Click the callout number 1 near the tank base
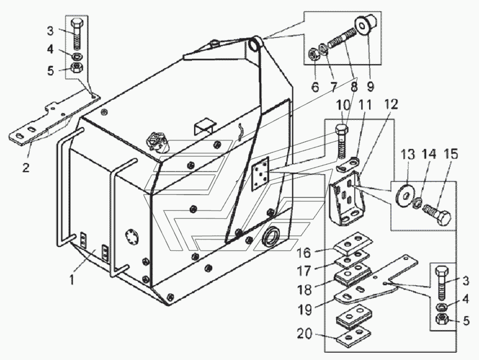[x=72, y=279]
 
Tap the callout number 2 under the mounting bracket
[x=26, y=167]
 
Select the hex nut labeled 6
[x=314, y=55]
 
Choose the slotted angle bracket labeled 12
[x=346, y=199]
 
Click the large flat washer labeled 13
[x=402, y=193]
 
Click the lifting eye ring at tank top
[x=254, y=44]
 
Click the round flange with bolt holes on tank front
[x=132, y=237]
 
